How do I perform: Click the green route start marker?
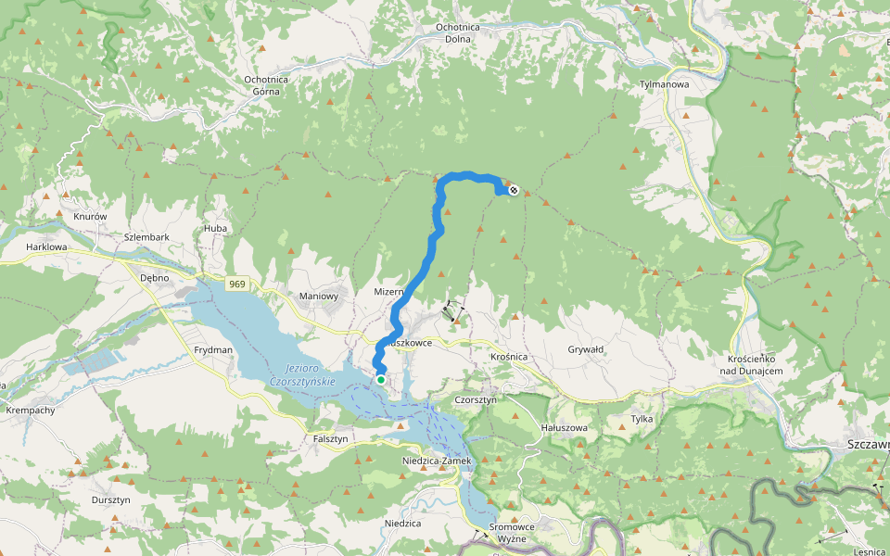pyautogui.click(x=381, y=379)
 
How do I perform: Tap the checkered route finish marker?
pyautogui.click(x=514, y=191)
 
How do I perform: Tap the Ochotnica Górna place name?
pyautogui.click(x=266, y=85)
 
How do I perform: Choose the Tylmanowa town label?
pyautogui.click(x=665, y=84)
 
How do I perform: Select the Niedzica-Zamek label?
pyautogui.click(x=438, y=461)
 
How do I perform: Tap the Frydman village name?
pyautogui.click(x=212, y=350)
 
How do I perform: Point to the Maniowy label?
pyautogui.click(x=317, y=296)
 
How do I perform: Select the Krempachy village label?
pyautogui.click(x=31, y=410)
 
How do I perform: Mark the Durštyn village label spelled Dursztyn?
pyautogui.click(x=110, y=499)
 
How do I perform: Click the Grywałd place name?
pyautogui.click(x=585, y=349)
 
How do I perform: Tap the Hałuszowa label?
pyautogui.click(x=565, y=428)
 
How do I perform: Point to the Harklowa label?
pyautogui.click(x=47, y=247)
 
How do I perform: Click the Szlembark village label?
pyautogui.click(x=146, y=237)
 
